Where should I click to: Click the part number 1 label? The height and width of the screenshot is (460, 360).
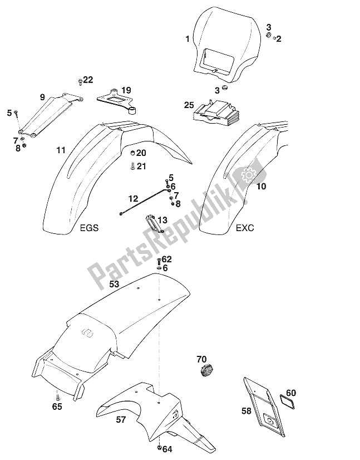[187, 38]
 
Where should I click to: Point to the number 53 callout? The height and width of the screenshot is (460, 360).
[114, 284]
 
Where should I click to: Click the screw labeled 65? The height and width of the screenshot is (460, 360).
[57, 396]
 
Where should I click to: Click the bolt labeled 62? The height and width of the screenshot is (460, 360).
[159, 260]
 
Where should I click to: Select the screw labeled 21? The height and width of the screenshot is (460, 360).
[132, 166]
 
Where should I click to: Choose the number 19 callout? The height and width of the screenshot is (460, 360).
[126, 90]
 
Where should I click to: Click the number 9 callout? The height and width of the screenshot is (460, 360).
[42, 97]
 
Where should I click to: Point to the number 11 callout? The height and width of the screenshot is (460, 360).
[60, 150]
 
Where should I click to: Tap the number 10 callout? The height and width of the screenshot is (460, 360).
[262, 187]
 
